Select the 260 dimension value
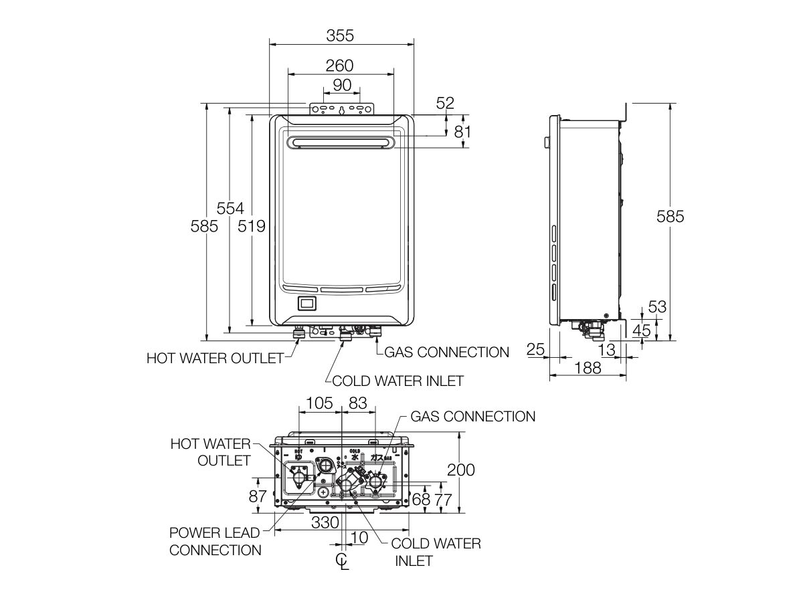[340, 66]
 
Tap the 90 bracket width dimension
[342, 85]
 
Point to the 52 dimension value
[444, 103]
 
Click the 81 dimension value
[462, 132]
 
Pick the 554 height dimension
[230, 208]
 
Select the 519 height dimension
[252, 226]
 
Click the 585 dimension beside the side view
[670, 217]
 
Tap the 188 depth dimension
[588, 367]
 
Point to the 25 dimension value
[535, 348]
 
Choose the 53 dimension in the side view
[658, 307]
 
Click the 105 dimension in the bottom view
[319, 403]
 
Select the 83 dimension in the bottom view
[358, 403]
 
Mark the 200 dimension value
[461, 470]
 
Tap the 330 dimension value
[325, 522]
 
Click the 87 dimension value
[257, 496]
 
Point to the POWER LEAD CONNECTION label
[215, 541]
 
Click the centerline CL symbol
[343, 561]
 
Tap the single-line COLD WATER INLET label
[397, 381]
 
